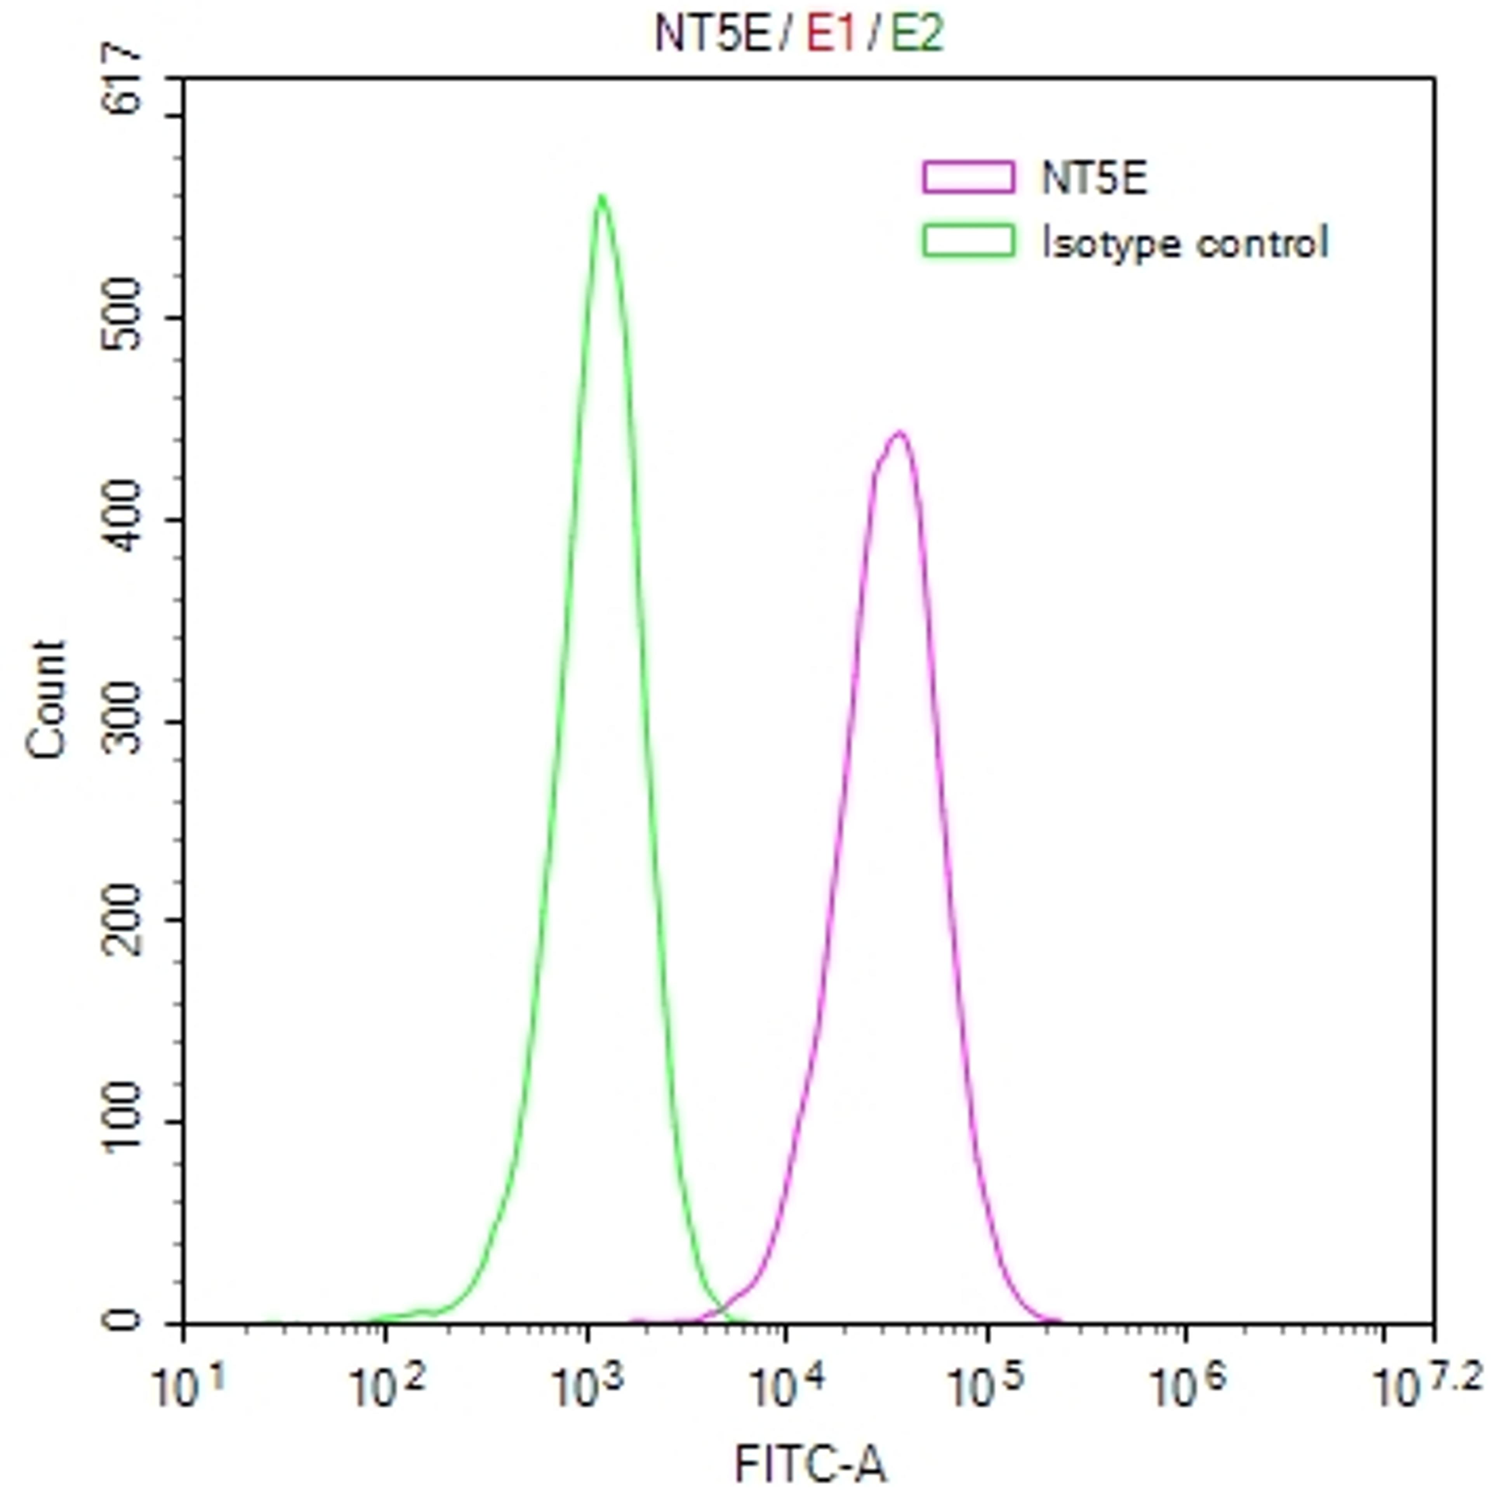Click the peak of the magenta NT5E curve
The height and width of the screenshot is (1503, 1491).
899,433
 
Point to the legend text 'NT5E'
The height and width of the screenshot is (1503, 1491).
1093,178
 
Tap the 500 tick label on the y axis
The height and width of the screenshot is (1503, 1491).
123,317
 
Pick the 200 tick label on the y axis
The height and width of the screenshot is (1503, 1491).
123,921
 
